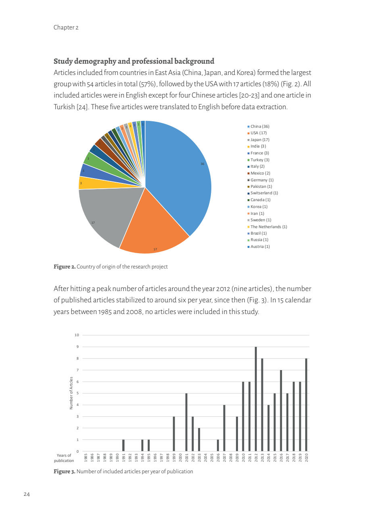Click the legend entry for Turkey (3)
click(260, 160)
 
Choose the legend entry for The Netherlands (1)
click(269, 227)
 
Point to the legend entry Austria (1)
click(260, 246)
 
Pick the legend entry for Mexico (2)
click(260, 173)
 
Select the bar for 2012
click(256, 399)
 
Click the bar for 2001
click(186, 422)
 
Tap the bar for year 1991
click(123, 445)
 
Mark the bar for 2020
click(306, 405)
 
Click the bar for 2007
click(224, 428)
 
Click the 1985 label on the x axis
click(86, 458)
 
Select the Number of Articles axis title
click(71, 393)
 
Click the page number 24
click(27, 494)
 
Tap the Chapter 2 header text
click(66, 27)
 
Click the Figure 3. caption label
click(65, 472)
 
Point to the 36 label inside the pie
click(202, 164)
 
